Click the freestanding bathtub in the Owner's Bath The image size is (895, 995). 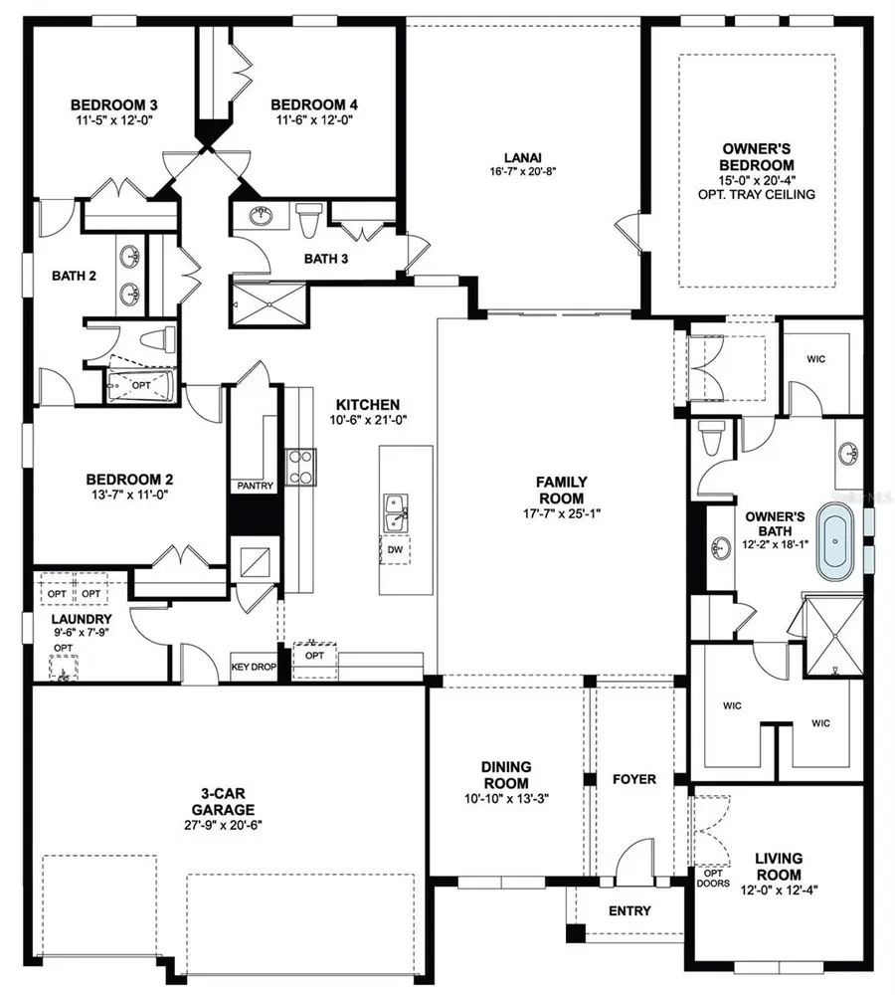837,543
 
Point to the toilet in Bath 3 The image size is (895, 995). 309,219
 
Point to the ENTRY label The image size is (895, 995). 629,910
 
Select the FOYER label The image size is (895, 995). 633,778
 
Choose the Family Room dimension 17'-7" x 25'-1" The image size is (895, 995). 561,513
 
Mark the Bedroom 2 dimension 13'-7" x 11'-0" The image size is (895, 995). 128,494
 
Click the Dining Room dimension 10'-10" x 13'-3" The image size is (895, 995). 506,798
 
